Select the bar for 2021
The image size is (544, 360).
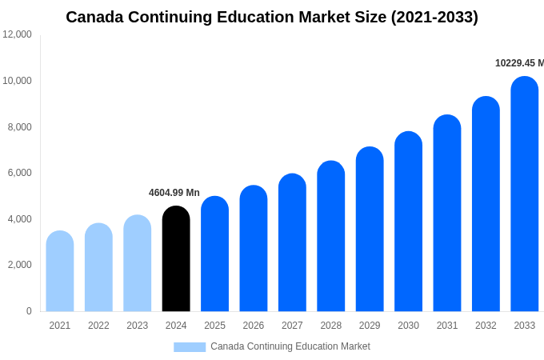click(60, 271)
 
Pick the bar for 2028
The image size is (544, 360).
click(331, 236)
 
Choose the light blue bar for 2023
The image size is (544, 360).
click(138, 263)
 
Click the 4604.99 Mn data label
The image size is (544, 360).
click(174, 193)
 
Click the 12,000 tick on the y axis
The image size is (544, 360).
click(18, 34)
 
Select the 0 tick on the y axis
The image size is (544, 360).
click(29, 311)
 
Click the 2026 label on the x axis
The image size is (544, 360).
click(254, 326)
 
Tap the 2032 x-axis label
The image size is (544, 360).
click(486, 326)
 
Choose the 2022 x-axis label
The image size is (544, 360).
click(98, 326)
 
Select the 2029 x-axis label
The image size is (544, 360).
click(370, 326)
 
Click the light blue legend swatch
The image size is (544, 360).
click(190, 347)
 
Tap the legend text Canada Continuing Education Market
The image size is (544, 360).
click(290, 346)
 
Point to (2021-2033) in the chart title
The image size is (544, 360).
click(434, 17)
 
